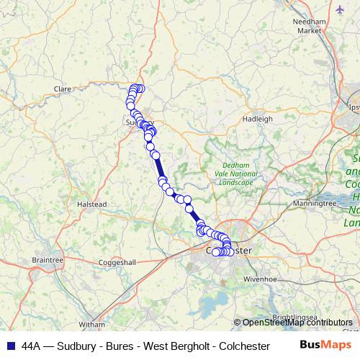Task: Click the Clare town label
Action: (x=61, y=89)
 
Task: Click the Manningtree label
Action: (x=315, y=204)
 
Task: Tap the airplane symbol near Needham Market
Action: (x=340, y=9)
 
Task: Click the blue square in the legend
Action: (x=10, y=345)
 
